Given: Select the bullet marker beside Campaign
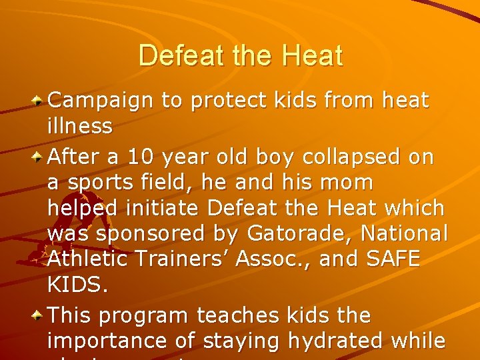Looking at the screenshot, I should point(39,101).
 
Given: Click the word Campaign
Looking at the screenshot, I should point(103,101).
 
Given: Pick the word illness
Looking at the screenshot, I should point(80,125).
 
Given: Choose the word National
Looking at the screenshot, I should point(406,234).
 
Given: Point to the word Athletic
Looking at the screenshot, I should point(89,259).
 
